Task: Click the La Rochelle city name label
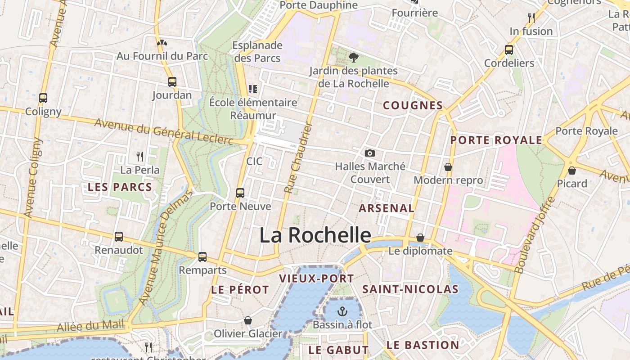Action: [x=315, y=235]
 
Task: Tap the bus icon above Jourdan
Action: [x=172, y=82]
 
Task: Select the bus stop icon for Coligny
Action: [x=43, y=98]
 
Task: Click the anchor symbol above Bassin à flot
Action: [x=343, y=311]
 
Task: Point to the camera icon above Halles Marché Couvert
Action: [x=370, y=153]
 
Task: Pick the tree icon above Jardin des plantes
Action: [x=354, y=57]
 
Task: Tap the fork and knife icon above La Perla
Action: [x=140, y=157]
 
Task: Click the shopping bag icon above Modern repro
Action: [x=448, y=167]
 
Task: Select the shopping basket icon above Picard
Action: [x=572, y=170]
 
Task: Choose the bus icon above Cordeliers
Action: [x=509, y=49]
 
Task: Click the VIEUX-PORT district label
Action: [x=316, y=278]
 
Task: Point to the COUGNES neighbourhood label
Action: [x=413, y=105]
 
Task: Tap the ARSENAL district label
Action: [x=386, y=208]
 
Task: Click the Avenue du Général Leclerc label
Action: [x=164, y=131]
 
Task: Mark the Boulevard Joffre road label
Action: [x=535, y=235]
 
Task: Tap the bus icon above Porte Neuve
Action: [x=240, y=193]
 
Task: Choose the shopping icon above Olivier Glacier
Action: [x=248, y=320]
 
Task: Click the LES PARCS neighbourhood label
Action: [x=120, y=187]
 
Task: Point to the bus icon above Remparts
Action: [x=202, y=257]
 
